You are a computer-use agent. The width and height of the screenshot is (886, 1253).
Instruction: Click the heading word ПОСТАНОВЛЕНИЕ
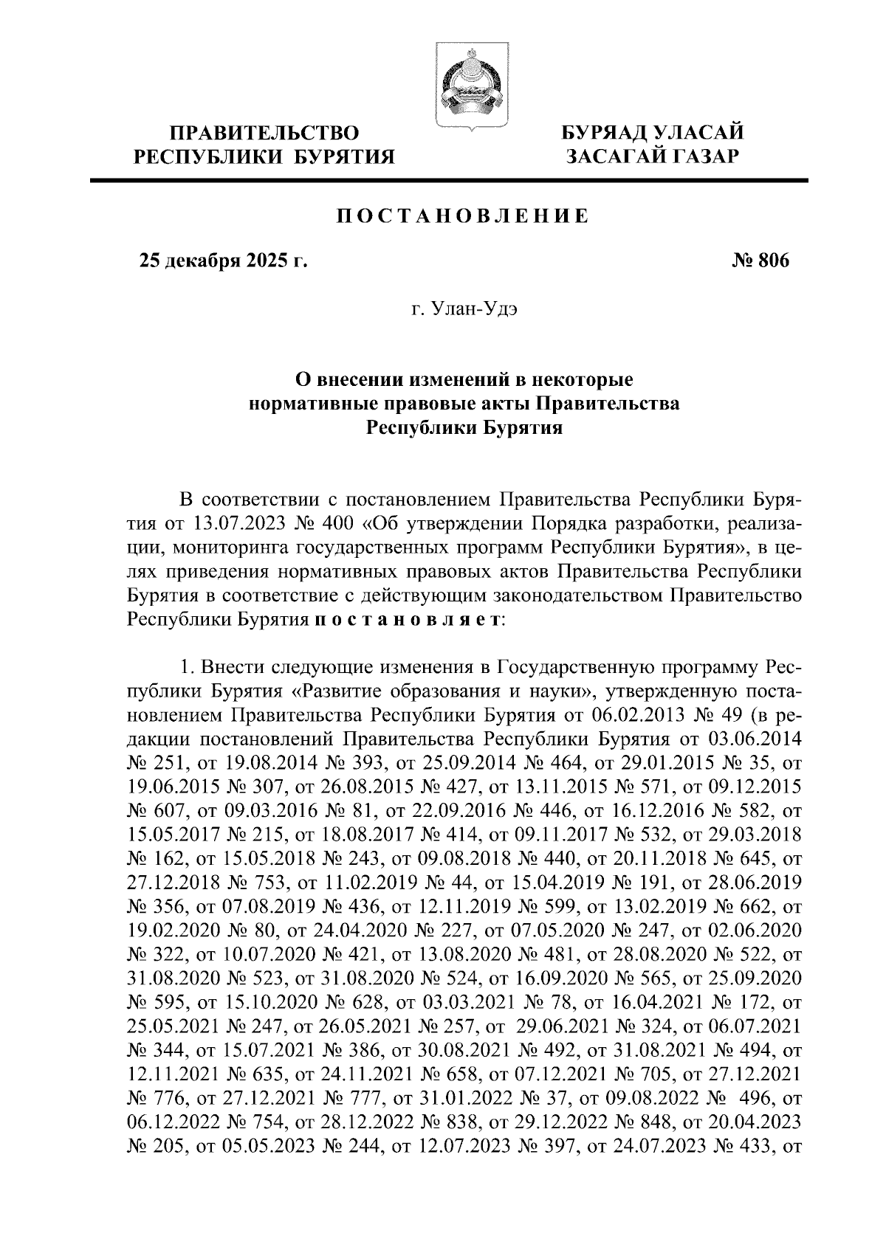(463, 216)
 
